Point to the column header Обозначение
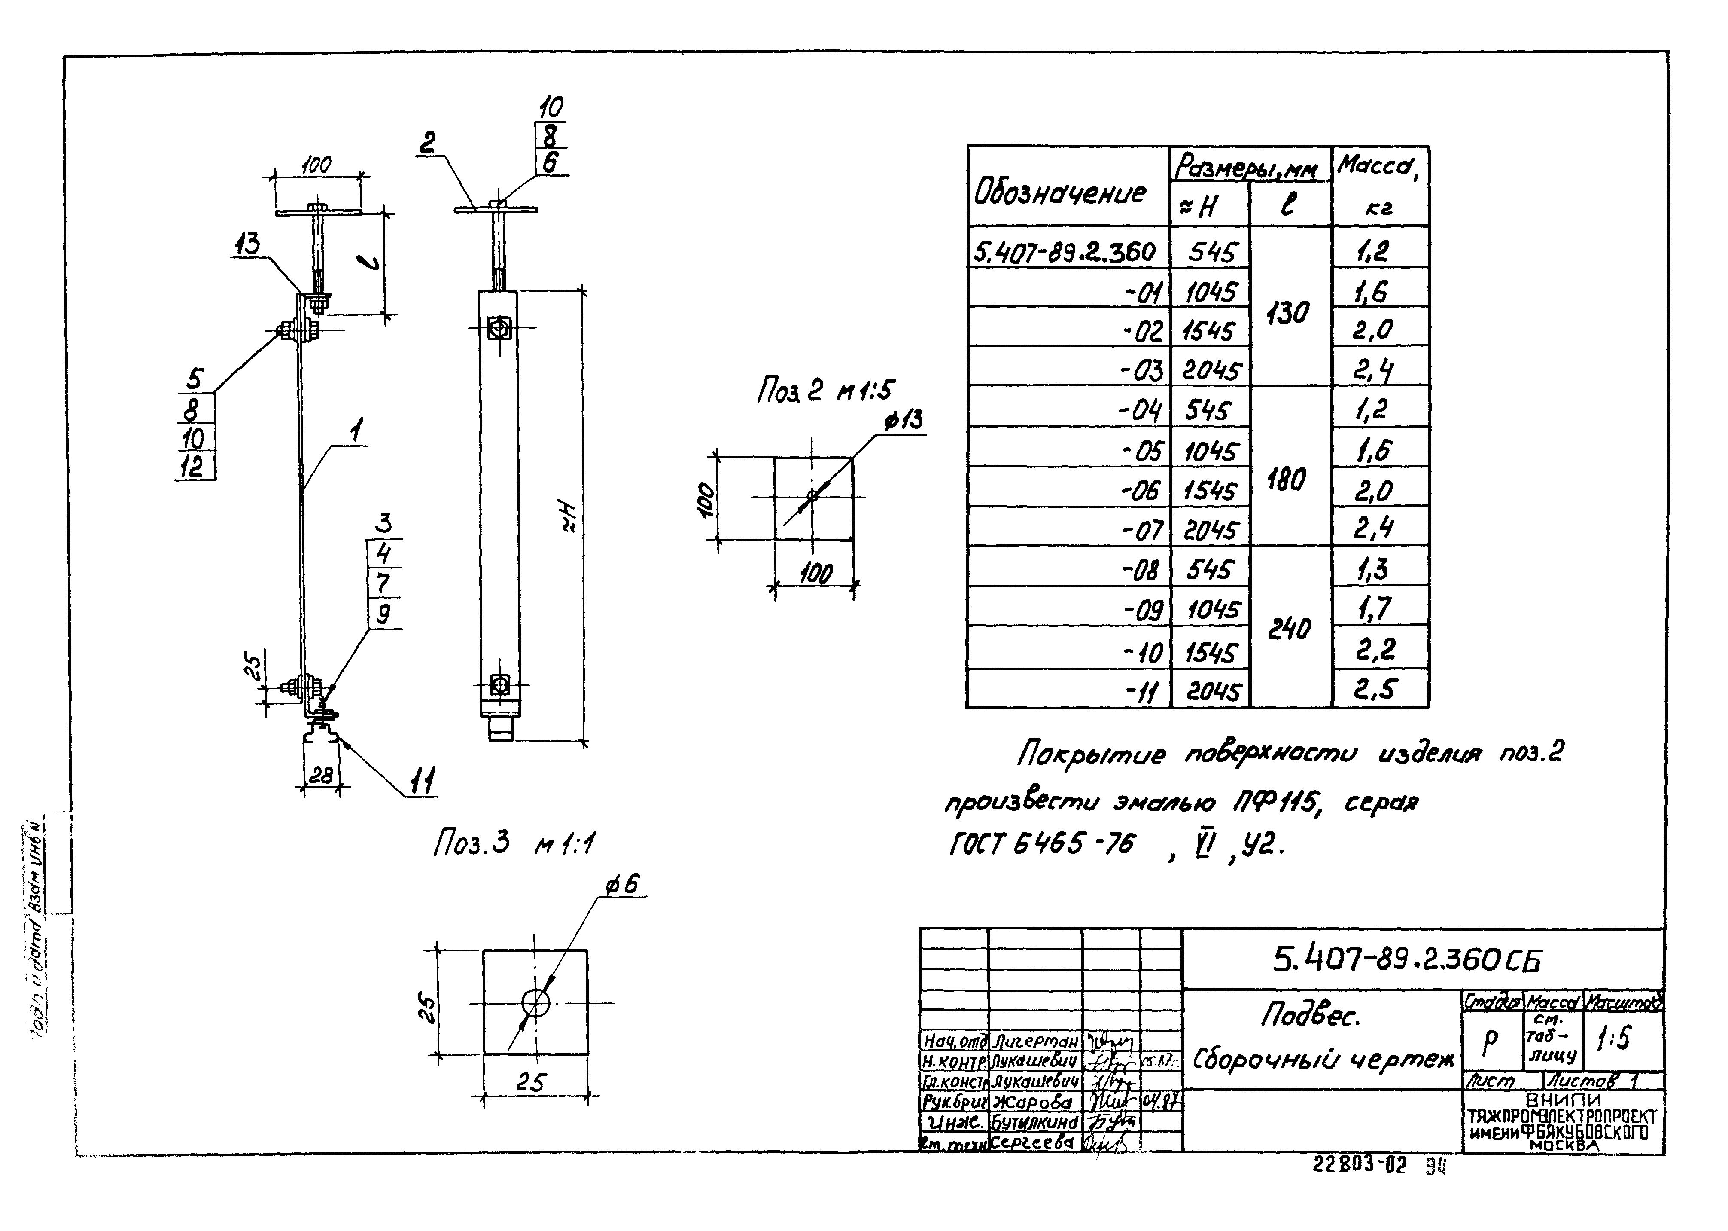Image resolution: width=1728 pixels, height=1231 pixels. [x=1061, y=193]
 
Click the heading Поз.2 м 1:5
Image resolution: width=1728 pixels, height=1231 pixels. [x=825, y=391]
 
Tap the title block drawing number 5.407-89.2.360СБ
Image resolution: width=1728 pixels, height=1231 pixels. [x=1407, y=960]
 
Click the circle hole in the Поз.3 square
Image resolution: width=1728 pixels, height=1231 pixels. [x=535, y=1003]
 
